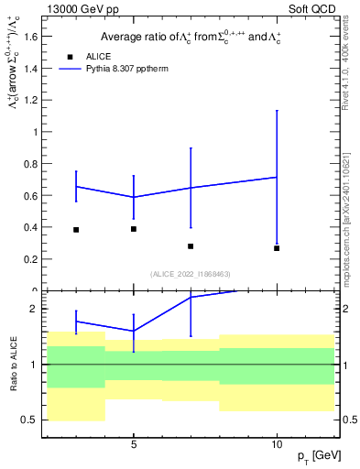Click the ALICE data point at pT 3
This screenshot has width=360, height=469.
click(x=76, y=230)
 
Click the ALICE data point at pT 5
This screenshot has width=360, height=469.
click(x=134, y=229)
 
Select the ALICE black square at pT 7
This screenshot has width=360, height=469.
click(x=191, y=246)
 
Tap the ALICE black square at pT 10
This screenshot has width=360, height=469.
click(x=277, y=248)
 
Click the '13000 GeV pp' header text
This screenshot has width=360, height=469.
click(x=79, y=9)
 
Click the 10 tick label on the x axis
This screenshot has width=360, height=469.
click(x=277, y=446)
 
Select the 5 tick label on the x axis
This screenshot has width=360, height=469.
click(x=134, y=446)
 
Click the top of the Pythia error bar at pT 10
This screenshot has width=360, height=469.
click(x=277, y=111)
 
